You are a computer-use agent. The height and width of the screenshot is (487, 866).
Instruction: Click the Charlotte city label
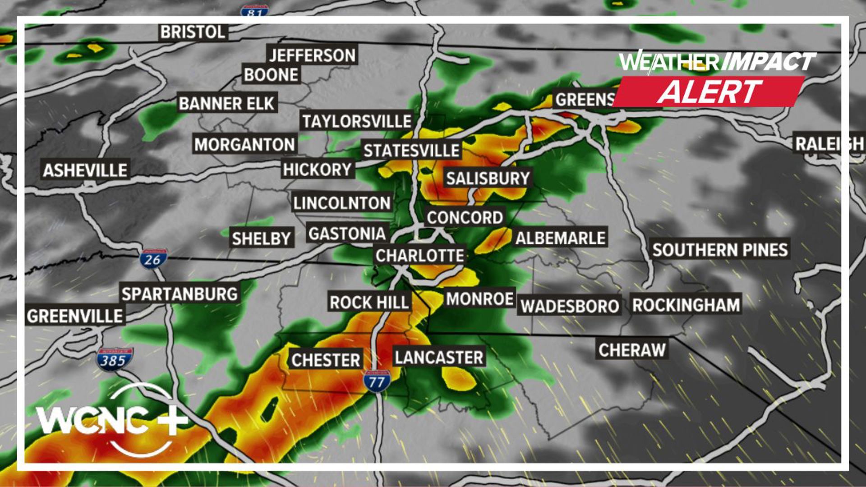point(419,256)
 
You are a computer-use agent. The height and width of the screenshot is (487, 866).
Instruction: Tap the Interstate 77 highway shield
point(377,382)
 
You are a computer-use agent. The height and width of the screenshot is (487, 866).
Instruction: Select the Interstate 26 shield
point(153,259)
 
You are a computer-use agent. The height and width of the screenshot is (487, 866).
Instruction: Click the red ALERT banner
point(709,92)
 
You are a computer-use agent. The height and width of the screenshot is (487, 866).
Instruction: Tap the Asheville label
point(85,170)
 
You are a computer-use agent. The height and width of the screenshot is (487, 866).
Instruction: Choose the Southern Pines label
point(720,249)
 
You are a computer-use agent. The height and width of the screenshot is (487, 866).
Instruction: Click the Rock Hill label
point(369,302)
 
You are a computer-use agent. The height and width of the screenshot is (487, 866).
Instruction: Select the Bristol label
point(193,32)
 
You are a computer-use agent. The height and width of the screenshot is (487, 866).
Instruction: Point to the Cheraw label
point(632,349)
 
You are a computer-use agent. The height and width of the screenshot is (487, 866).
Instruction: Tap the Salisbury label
point(488,178)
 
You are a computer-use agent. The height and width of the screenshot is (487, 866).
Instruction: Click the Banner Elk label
point(226,103)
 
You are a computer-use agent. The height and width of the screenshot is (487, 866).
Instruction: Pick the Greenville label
point(75,316)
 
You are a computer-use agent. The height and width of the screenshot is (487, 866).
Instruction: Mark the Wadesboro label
point(570,306)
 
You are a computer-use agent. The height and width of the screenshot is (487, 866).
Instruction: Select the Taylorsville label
point(357,121)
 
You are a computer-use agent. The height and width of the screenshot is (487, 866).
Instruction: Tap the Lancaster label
point(439,357)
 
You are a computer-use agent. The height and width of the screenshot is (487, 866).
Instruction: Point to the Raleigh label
point(829,144)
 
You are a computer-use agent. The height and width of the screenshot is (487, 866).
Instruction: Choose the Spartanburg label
point(180,294)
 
